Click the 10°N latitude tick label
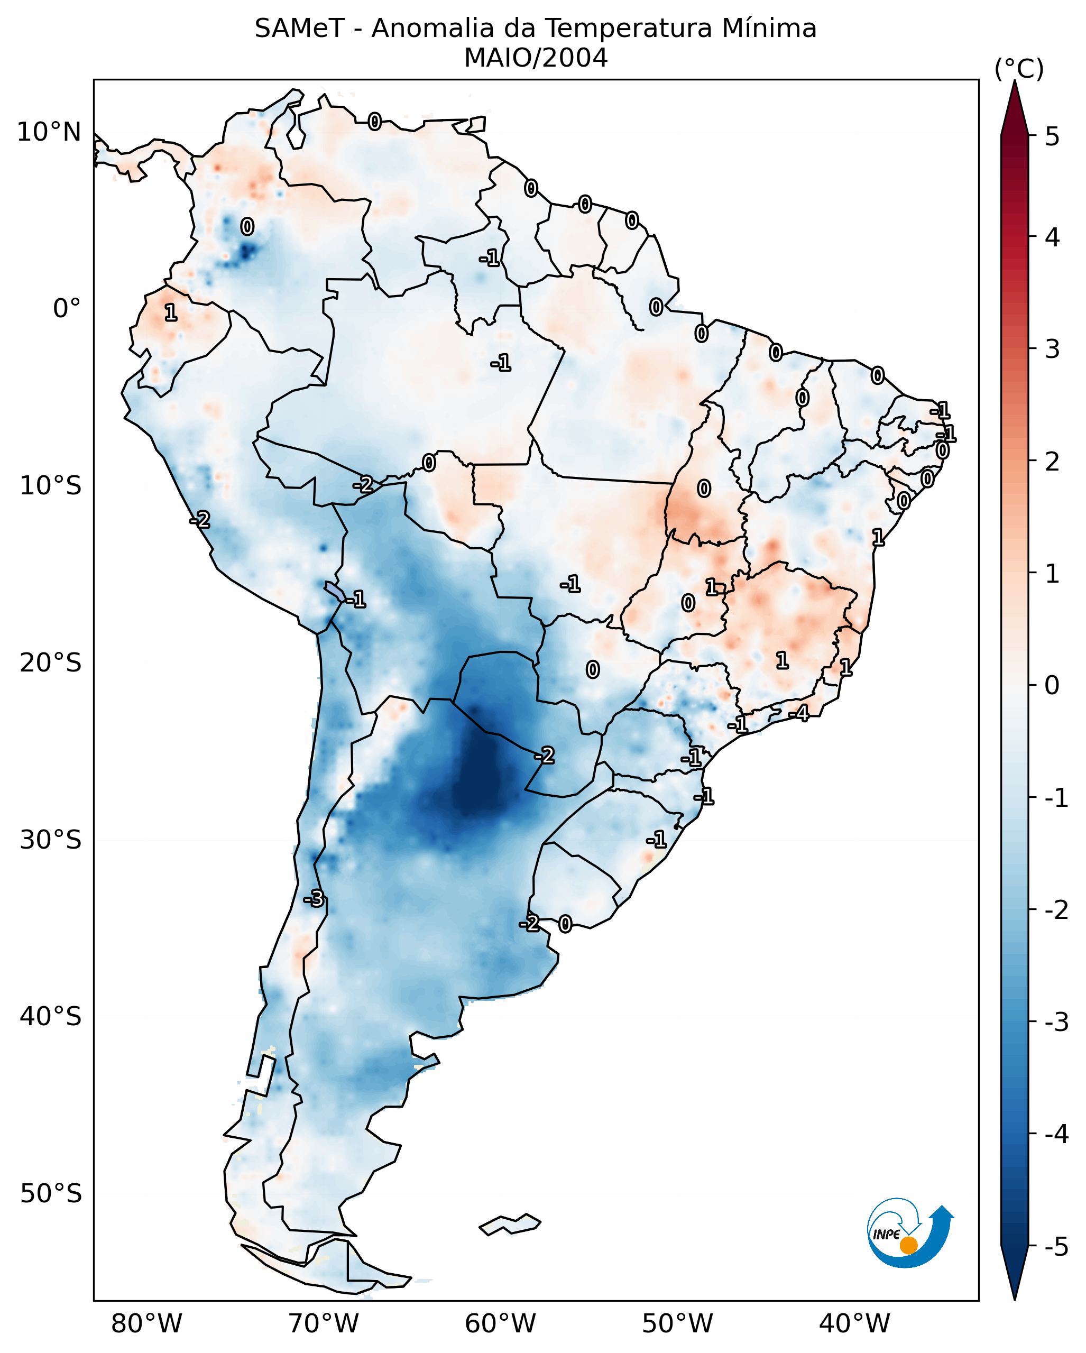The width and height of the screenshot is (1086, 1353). pyautogui.click(x=49, y=132)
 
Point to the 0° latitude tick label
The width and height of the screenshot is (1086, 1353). pyautogui.click(x=67, y=309)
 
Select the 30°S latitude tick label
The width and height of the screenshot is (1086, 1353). pyautogui.click(x=50, y=840)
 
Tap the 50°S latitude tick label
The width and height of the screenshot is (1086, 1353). pyautogui.click(x=50, y=1194)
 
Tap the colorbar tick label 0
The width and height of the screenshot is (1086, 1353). pyautogui.click(x=1052, y=685)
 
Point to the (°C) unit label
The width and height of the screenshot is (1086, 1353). pyautogui.click(x=1019, y=69)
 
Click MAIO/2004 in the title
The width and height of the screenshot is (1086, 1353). pyautogui.click(x=536, y=58)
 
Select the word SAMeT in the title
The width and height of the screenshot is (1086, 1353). pyautogui.click(x=299, y=29)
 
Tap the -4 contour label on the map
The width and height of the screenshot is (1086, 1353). pyautogui.click(x=799, y=713)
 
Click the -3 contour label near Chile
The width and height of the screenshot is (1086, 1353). pyautogui.click(x=314, y=899)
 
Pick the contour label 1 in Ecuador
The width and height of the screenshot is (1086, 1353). pyautogui.click(x=170, y=312)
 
